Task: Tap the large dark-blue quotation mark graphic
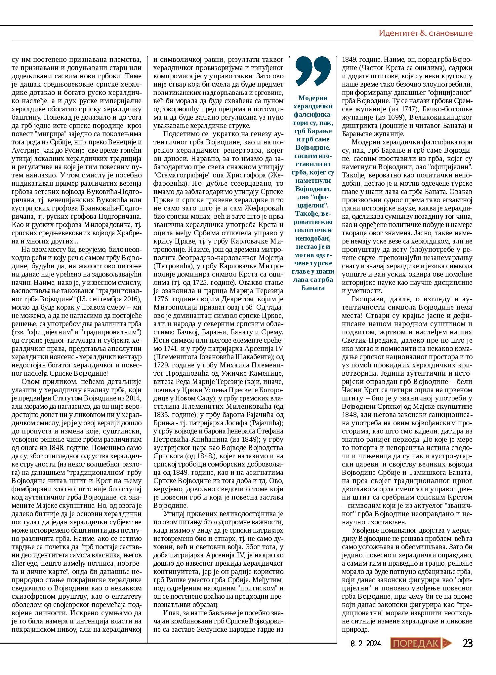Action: click(312, 71)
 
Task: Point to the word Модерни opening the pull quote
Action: click(312, 98)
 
